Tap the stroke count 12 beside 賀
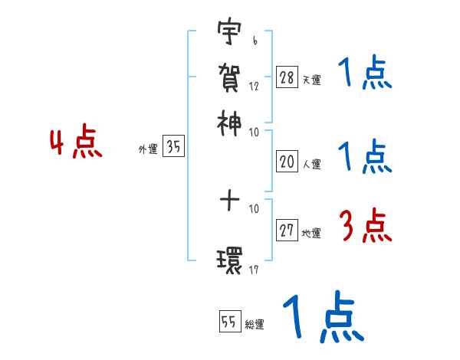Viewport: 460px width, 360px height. tap(254, 86)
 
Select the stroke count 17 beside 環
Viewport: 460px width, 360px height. tap(254, 269)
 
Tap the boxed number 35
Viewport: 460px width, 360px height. tap(173, 148)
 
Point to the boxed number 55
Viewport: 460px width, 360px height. tap(228, 322)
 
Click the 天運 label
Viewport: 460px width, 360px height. tap(311, 80)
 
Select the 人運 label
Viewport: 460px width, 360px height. tap(311, 163)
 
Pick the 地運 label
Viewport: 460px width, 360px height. tap(311, 234)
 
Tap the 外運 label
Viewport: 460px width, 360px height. tap(147, 150)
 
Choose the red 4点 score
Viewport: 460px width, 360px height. tap(76, 144)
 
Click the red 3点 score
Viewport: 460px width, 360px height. tap(365, 227)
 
